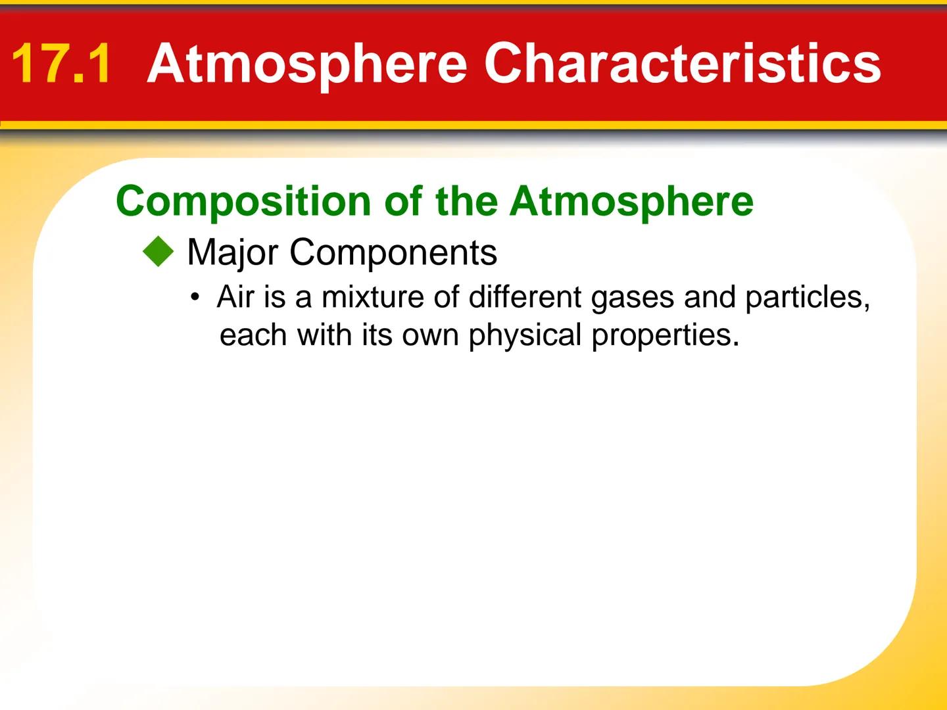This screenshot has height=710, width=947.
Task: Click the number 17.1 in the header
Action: tap(61, 64)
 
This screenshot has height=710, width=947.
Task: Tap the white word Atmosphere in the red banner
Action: tap(307, 64)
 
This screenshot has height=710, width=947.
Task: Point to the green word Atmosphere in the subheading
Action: tap(631, 201)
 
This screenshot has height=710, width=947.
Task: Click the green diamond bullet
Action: tap(158, 252)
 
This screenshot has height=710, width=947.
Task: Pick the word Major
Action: tap(233, 252)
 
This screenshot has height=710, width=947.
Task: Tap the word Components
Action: tap(393, 252)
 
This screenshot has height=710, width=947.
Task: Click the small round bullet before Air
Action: tap(194, 298)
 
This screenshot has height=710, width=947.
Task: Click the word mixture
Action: tap(372, 297)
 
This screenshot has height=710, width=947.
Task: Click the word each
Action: tap(254, 335)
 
